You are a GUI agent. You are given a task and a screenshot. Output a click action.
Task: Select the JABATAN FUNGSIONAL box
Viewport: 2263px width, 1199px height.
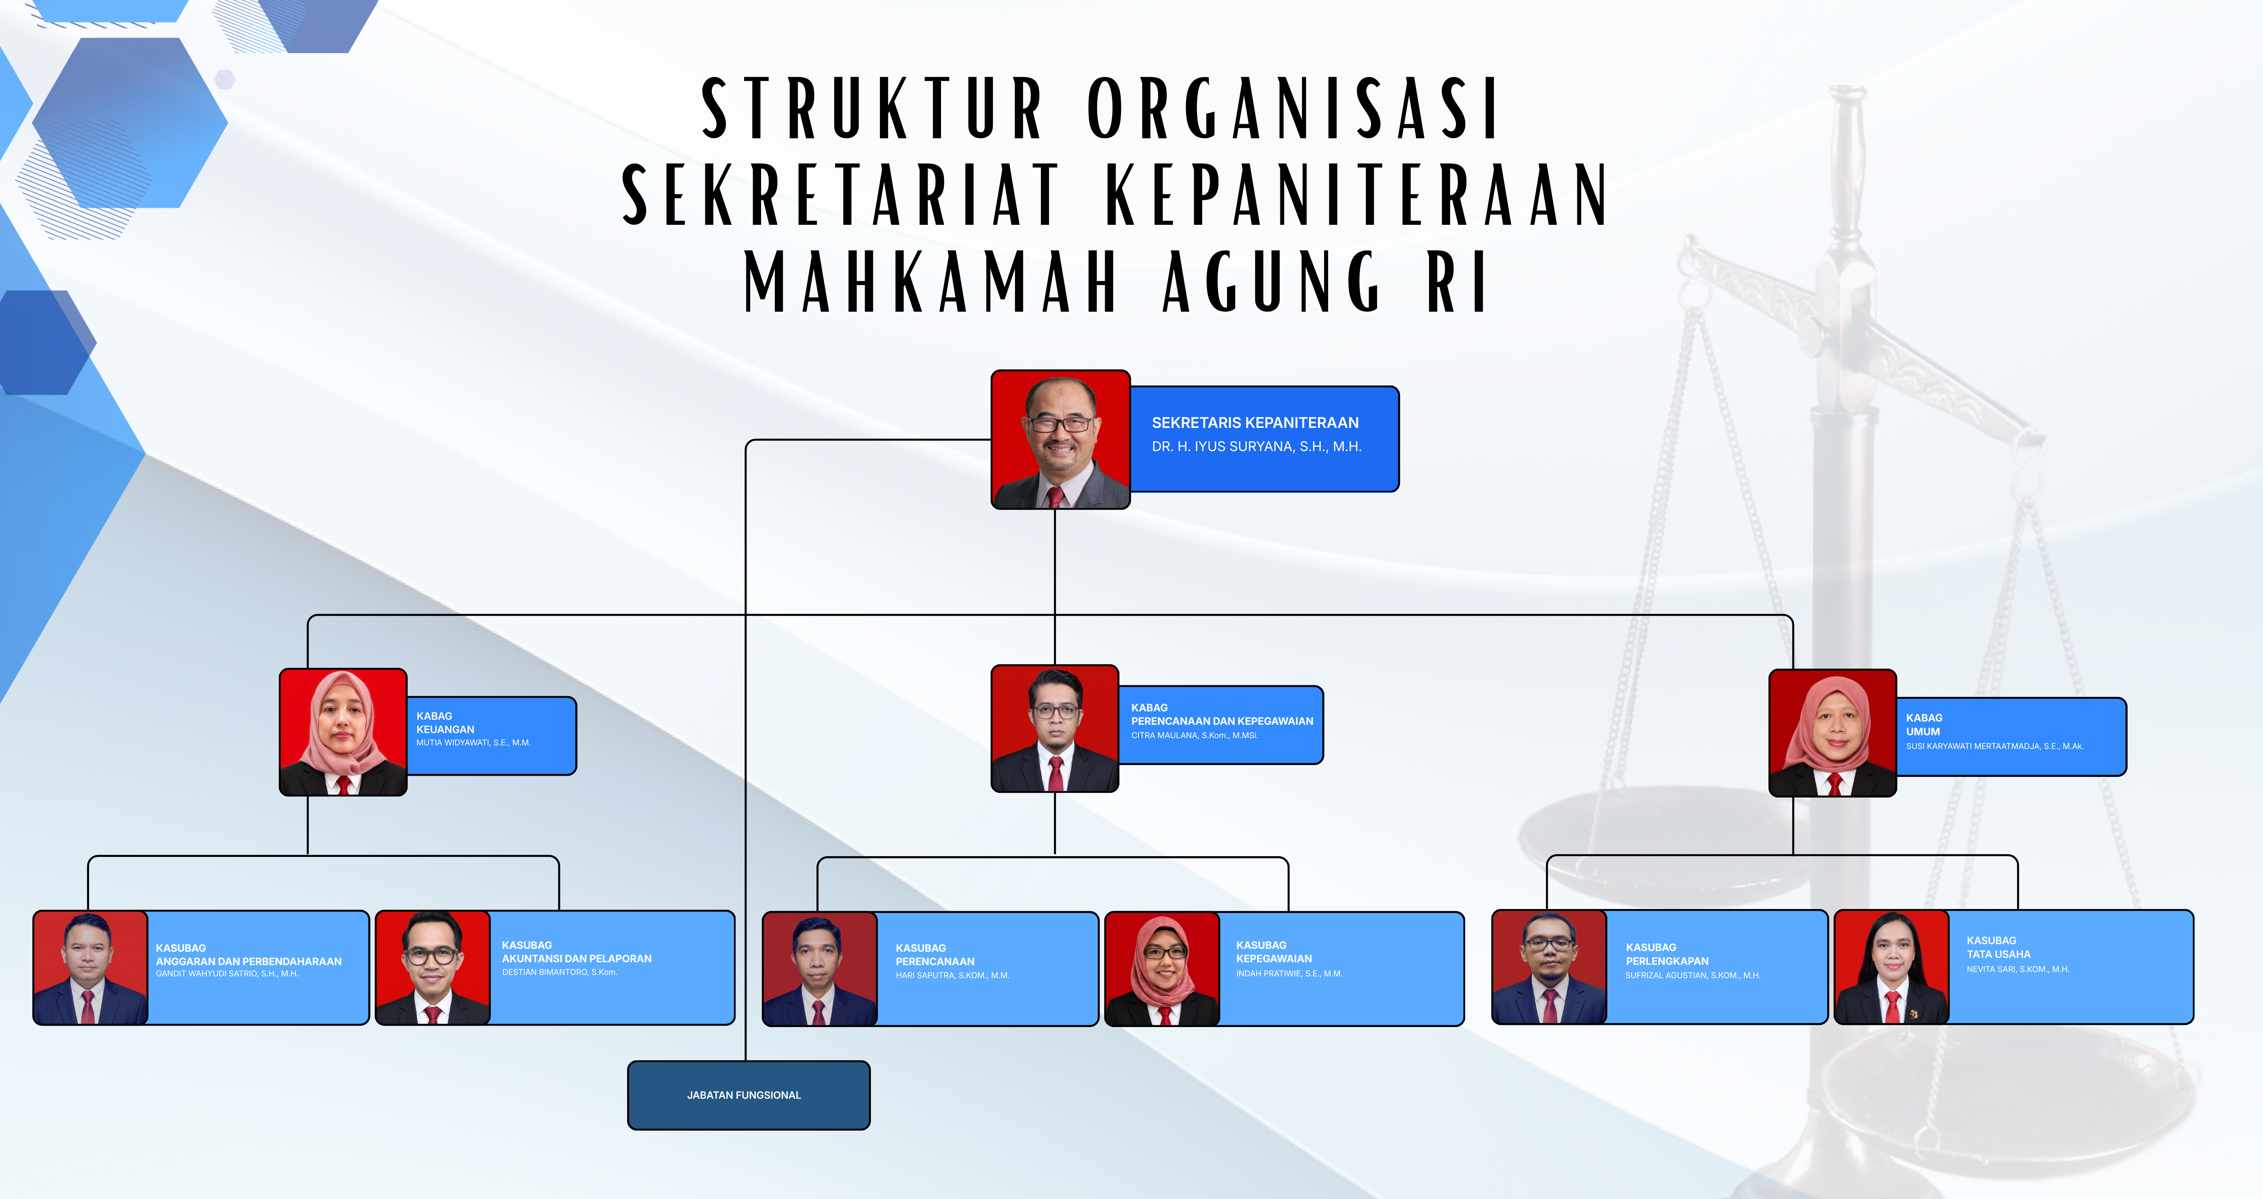[748, 1095]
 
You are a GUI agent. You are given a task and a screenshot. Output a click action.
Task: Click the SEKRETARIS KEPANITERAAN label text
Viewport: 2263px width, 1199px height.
[1255, 422]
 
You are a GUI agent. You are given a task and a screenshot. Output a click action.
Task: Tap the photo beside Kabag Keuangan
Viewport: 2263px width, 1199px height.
[343, 732]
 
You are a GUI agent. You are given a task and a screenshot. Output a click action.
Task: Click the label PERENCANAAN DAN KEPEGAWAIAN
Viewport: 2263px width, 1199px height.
[1222, 721]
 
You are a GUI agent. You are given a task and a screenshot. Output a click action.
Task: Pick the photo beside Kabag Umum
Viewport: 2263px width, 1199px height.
[1832, 733]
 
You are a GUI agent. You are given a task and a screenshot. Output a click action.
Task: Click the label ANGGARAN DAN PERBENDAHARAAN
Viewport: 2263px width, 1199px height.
[249, 961]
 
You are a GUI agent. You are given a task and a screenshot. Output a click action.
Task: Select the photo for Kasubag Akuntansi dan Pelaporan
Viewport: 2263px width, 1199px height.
[432, 967]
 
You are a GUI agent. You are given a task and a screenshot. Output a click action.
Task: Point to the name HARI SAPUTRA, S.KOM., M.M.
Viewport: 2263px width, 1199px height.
[952, 975]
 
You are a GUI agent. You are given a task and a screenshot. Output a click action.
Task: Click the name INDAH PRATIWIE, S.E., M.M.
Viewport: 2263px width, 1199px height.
[1289, 973]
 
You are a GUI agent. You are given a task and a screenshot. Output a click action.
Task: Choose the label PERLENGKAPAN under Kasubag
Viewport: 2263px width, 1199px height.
[1667, 961]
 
